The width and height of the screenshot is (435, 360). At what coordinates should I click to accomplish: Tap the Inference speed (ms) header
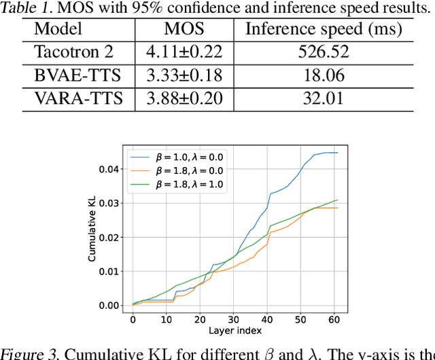[x=323, y=29]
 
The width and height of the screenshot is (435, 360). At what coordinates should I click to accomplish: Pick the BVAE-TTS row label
[x=78, y=75]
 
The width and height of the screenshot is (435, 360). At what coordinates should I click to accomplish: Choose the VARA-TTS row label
[x=79, y=98]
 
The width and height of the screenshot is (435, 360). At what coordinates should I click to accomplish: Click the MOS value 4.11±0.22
[x=184, y=52]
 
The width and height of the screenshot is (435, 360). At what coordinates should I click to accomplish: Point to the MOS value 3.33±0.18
[x=184, y=75]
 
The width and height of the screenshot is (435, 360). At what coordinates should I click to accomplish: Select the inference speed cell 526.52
[x=324, y=52]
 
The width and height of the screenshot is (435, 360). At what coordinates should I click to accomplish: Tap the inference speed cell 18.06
[x=324, y=75]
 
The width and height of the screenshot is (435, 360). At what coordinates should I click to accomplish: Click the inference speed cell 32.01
[x=324, y=98]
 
